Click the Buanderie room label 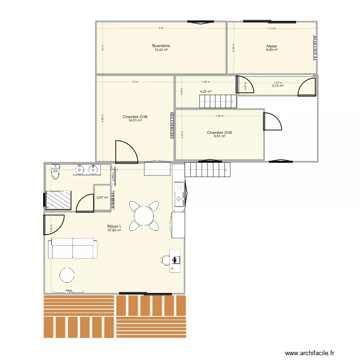point(162,46)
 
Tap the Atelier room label point(272,47)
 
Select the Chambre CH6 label point(135,117)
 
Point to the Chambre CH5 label point(219,132)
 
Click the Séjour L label point(114,227)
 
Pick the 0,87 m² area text point(102,197)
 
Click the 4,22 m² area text point(206,91)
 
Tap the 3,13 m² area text point(277,86)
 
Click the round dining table point(144,216)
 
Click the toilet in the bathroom point(56,172)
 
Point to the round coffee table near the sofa point(67,275)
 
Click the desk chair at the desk point(166,260)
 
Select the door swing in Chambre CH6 point(126,151)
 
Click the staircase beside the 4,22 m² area point(218,101)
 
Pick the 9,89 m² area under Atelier point(272,50)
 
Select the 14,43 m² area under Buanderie point(161,50)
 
